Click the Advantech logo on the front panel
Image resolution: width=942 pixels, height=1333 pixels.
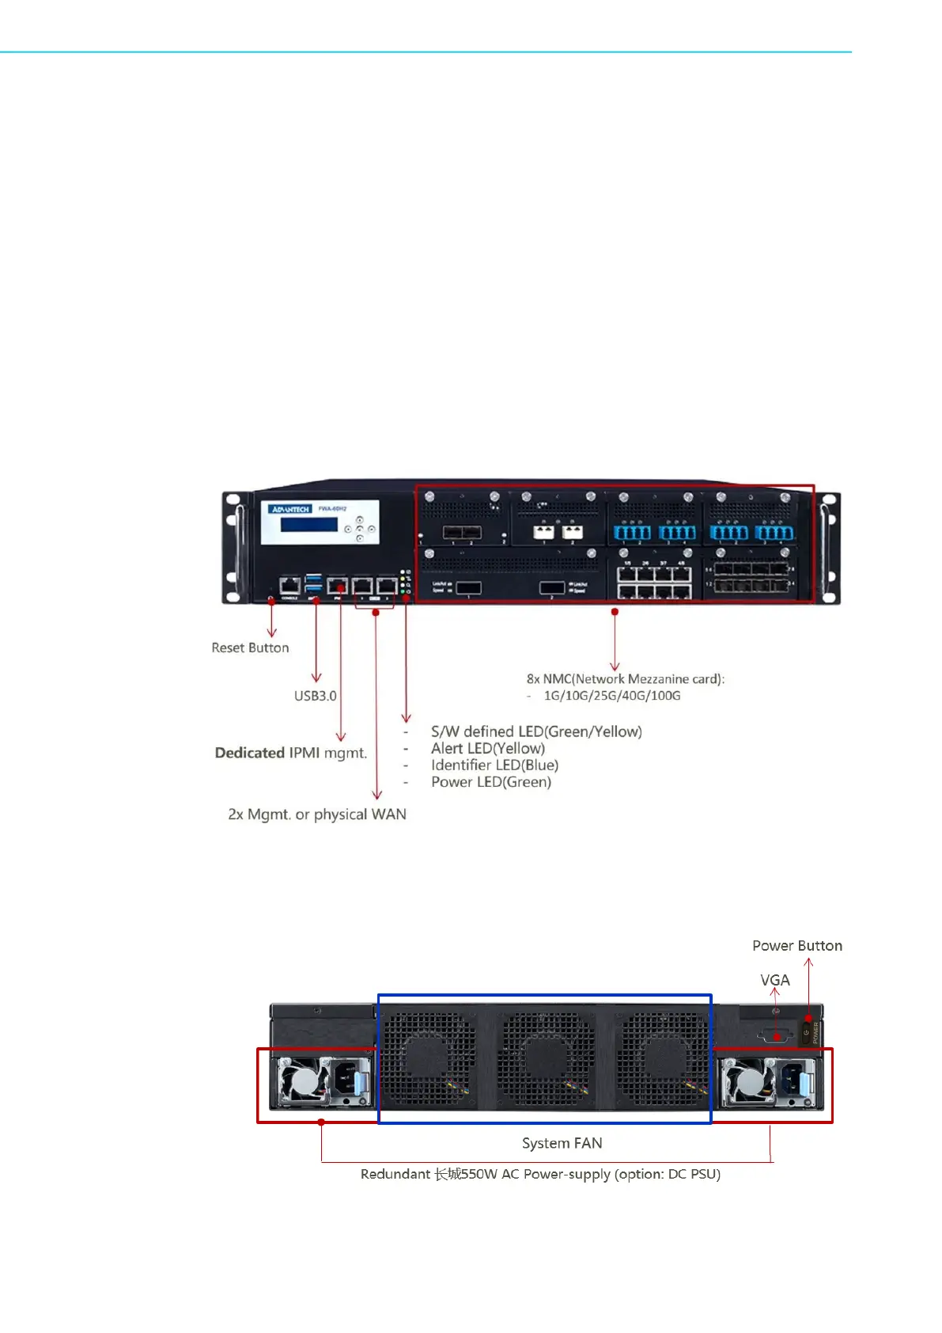[290, 509]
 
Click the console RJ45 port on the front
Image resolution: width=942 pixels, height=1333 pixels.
[290, 586]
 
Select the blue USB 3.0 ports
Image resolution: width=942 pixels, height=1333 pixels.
[314, 585]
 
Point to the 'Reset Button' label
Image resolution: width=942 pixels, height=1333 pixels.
[250, 648]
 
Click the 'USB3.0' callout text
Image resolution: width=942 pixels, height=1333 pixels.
[315, 696]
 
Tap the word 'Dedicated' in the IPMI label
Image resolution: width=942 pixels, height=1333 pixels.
[249, 753]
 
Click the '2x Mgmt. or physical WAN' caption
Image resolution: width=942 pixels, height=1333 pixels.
[316, 815]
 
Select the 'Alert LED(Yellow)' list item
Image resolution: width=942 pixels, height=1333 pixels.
[487, 749]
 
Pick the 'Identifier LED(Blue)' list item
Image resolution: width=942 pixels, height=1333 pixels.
[494, 765]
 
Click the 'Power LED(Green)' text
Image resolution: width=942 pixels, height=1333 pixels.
[490, 782]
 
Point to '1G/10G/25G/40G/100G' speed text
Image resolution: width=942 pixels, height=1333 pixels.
[611, 696]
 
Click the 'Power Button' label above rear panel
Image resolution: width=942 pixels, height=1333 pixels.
[796, 946]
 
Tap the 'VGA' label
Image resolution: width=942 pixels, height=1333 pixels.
[774, 980]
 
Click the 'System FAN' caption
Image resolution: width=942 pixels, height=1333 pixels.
[562, 1143]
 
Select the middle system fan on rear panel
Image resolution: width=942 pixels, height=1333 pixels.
[545, 1059]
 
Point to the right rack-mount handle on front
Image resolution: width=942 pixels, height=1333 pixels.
[830, 548]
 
